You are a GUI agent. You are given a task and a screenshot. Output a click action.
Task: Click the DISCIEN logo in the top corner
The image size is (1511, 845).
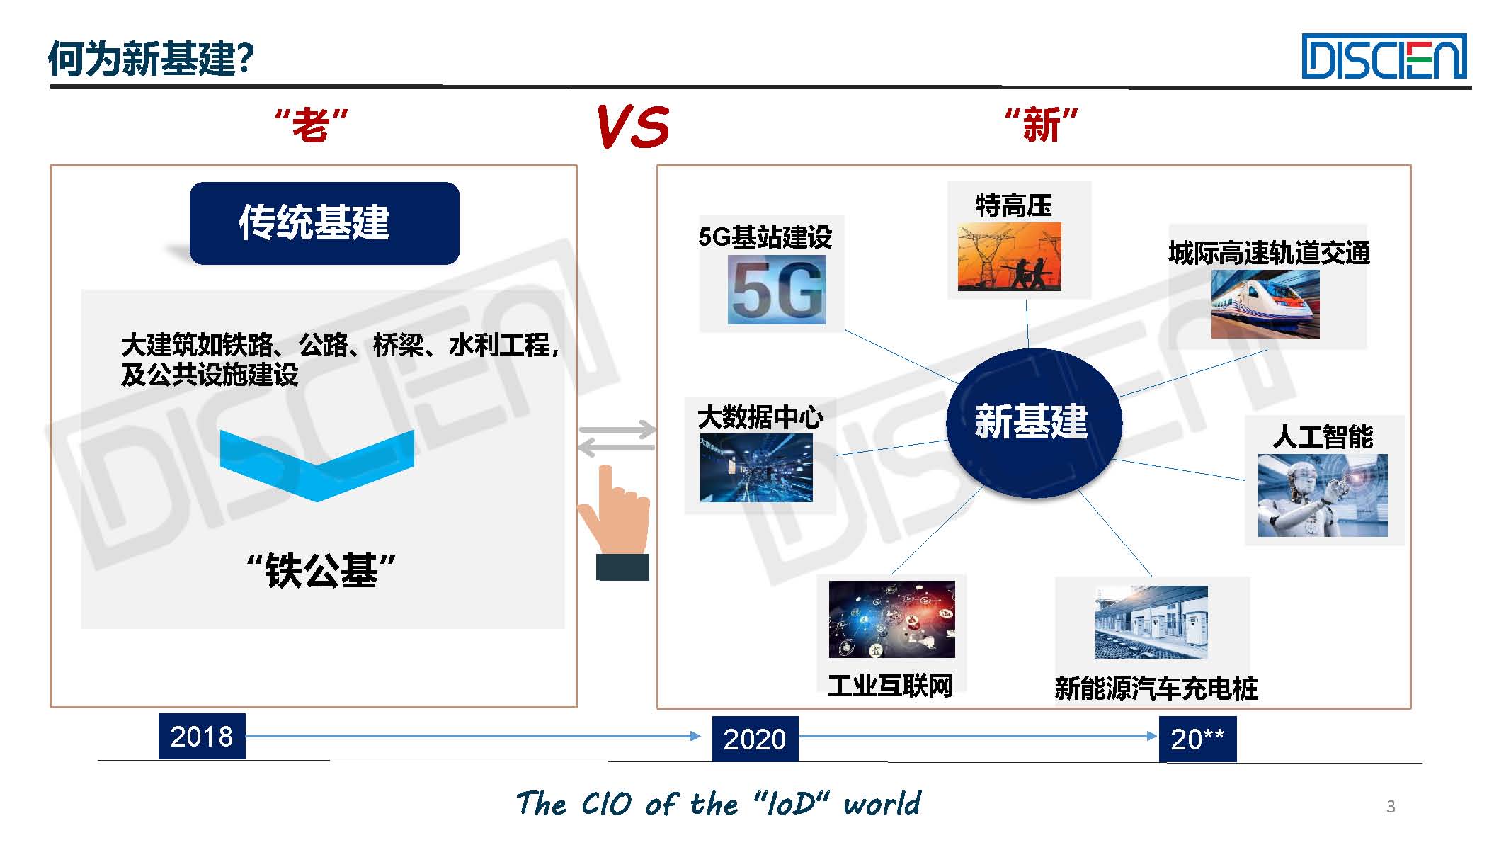[x=1384, y=57]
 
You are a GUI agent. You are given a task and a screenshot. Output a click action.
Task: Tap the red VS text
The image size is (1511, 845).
[x=633, y=127]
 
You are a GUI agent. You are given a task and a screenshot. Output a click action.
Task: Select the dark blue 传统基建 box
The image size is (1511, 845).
[x=324, y=223]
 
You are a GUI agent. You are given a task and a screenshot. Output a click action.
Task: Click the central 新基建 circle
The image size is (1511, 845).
[x=1034, y=422]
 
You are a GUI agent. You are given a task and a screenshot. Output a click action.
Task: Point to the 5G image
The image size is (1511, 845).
[x=777, y=289]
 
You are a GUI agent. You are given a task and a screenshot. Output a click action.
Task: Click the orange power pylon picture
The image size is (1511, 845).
[x=1009, y=256]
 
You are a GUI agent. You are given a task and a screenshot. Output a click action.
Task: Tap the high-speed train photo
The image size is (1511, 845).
[x=1265, y=304]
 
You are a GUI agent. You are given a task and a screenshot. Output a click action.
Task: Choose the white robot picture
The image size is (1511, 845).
[x=1323, y=495]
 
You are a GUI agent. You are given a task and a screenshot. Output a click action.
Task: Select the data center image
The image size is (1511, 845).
[x=756, y=468]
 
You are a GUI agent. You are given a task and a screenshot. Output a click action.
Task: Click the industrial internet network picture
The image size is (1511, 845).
[x=891, y=619]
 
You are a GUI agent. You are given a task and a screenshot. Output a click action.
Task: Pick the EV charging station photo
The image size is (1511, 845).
[x=1151, y=622]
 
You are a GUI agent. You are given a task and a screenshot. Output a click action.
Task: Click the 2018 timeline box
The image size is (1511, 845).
[x=202, y=737]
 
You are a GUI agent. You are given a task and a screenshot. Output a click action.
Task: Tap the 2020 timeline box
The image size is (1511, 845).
[x=755, y=739]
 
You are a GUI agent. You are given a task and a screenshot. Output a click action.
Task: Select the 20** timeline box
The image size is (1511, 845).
[x=1197, y=739]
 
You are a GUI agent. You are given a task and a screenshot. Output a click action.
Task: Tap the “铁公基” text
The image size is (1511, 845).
[x=321, y=570]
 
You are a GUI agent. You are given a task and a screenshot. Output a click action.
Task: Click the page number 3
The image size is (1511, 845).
[x=1391, y=806]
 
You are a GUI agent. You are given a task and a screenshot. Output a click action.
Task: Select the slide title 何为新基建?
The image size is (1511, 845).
[x=151, y=58]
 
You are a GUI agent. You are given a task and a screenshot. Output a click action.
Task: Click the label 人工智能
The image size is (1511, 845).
[x=1323, y=436]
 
